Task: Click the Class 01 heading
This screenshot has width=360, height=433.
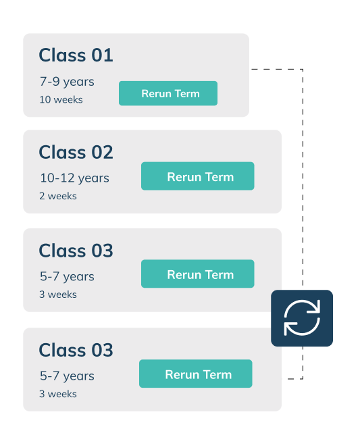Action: pyautogui.click(x=76, y=55)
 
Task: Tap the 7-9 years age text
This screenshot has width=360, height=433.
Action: pyautogui.click(x=67, y=82)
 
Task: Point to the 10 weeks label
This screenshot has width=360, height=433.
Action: pyautogui.click(x=61, y=99)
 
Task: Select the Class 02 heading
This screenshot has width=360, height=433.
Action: pyautogui.click(x=76, y=152)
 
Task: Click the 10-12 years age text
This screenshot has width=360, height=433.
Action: pyautogui.click(x=74, y=178)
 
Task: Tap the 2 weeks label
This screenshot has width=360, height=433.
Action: pyautogui.click(x=58, y=196)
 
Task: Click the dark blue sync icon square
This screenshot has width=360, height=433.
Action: pyautogui.click(x=302, y=318)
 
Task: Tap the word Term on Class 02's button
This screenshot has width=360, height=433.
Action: pyautogui.click(x=220, y=177)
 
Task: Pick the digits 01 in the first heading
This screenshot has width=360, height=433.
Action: pyautogui.click(x=102, y=55)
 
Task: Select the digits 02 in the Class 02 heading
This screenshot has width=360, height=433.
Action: pyautogui.click(x=102, y=152)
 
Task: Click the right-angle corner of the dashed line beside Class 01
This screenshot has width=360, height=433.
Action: pyautogui.click(x=303, y=69)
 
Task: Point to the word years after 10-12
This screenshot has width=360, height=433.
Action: pyautogui.click(x=94, y=178)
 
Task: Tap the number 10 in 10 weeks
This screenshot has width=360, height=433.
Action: pyautogui.click(x=45, y=99)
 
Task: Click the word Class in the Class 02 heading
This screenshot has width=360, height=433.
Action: pyautogui.click(x=62, y=152)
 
